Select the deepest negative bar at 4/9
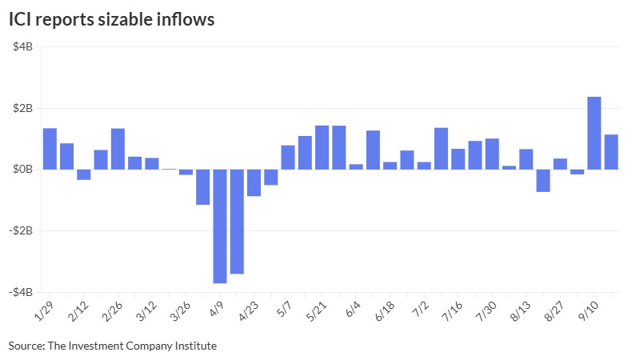pyautogui.click(x=220, y=226)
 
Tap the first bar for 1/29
pyautogui.click(x=50, y=149)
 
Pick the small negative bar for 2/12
pyautogui.click(x=84, y=174)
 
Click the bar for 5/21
pyautogui.click(x=322, y=147)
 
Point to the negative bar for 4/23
pyautogui.click(x=254, y=182)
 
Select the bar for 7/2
pyautogui.click(x=441, y=149)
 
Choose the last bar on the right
pyautogui.click(x=611, y=152)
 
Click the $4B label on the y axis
pyautogui.click(x=22, y=46)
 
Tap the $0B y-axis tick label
pyautogui.click(x=22, y=170)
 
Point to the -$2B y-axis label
pyautogui.click(x=21, y=231)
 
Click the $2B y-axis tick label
pyautogui.click(x=22, y=108)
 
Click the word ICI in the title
pyautogui.click(x=22, y=20)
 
